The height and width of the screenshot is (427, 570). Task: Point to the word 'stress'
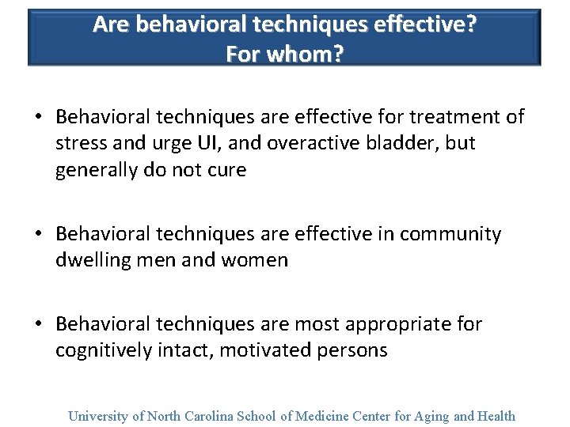[80, 144]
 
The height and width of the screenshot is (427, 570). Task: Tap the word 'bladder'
[393, 144]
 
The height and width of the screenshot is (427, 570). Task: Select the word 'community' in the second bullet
[450, 235]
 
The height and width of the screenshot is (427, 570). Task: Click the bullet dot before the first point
[38, 118]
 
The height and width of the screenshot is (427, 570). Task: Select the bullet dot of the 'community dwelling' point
[38, 235]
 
